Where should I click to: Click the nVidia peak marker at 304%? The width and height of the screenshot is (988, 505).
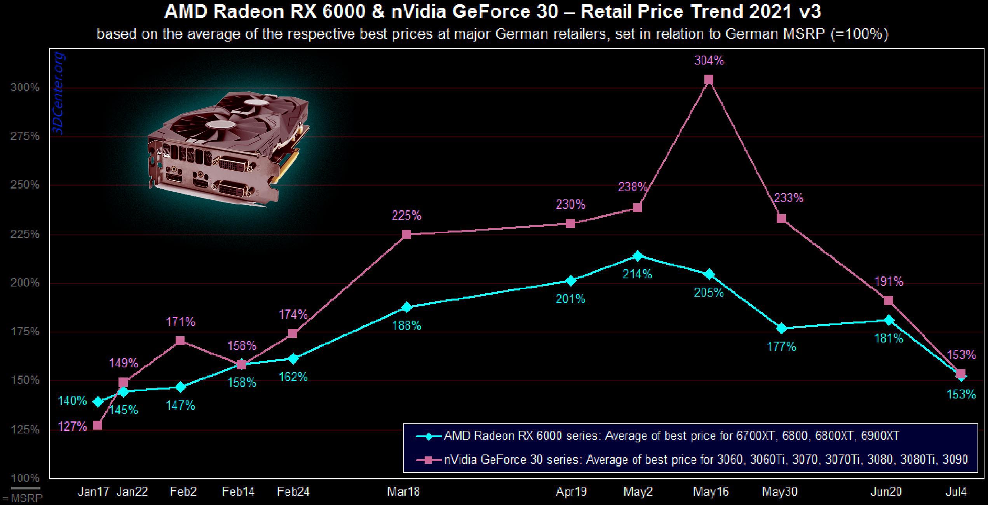click(x=709, y=80)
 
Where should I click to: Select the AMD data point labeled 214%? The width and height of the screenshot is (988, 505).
click(x=637, y=256)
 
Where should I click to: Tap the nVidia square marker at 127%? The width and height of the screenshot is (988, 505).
click(x=98, y=425)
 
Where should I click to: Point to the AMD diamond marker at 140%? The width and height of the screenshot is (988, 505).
click(x=98, y=402)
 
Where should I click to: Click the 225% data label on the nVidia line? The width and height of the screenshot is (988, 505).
click(x=406, y=215)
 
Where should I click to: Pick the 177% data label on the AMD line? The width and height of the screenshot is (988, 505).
click(x=781, y=346)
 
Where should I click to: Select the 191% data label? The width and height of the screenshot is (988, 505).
click(x=889, y=281)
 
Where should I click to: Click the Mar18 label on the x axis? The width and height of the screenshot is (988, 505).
click(x=403, y=492)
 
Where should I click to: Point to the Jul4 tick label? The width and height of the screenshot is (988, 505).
click(x=956, y=492)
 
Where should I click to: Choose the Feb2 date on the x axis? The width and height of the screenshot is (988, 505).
click(x=183, y=492)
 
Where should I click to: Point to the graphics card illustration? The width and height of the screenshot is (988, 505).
click(x=228, y=148)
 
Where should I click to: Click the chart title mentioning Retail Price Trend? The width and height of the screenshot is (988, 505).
click(x=493, y=12)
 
